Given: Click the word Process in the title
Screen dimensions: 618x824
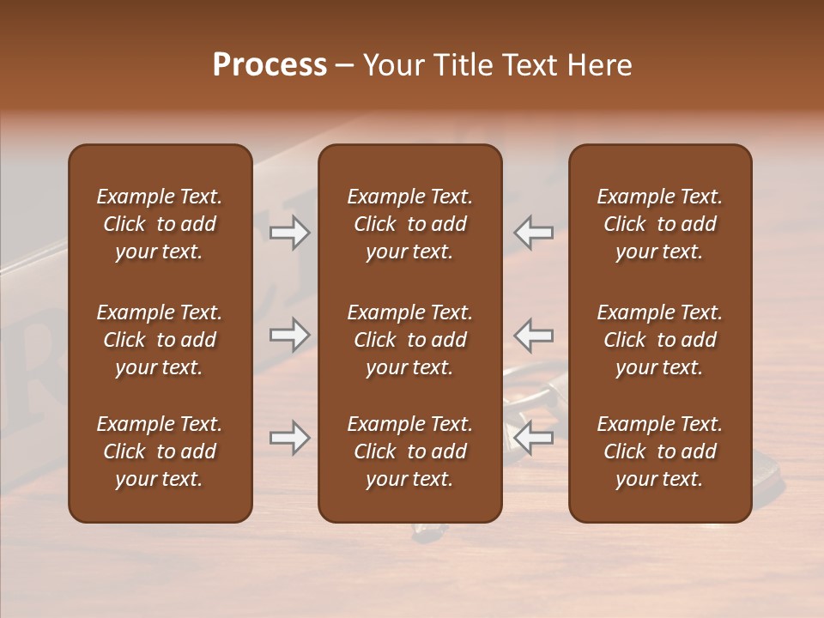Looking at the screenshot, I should click(270, 65).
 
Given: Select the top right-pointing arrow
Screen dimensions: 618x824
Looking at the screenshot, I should click(289, 232).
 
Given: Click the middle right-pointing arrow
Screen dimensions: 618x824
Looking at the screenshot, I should click(289, 335).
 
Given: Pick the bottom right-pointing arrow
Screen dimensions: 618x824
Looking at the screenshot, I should click(289, 438).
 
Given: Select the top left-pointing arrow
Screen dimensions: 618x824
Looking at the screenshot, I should click(533, 232).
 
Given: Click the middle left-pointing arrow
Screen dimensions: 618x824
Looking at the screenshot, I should click(533, 335).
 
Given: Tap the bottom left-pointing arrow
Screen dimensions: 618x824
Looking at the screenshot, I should click(533, 438).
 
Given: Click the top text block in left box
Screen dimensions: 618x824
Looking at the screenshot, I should click(160, 224).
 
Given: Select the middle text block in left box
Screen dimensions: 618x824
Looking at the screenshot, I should click(160, 340).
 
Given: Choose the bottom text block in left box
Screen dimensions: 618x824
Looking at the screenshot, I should click(160, 451).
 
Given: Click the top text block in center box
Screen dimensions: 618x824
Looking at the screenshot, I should click(410, 224).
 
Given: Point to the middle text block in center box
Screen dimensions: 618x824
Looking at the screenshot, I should click(410, 340).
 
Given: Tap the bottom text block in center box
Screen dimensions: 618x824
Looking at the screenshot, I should click(410, 451).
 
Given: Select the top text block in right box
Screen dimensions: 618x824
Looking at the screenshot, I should click(660, 224).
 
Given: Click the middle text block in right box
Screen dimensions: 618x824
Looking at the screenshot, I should click(660, 340).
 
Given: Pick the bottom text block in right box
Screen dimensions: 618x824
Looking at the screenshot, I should click(660, 451).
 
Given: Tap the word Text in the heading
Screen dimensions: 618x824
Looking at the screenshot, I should click(528, 65).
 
